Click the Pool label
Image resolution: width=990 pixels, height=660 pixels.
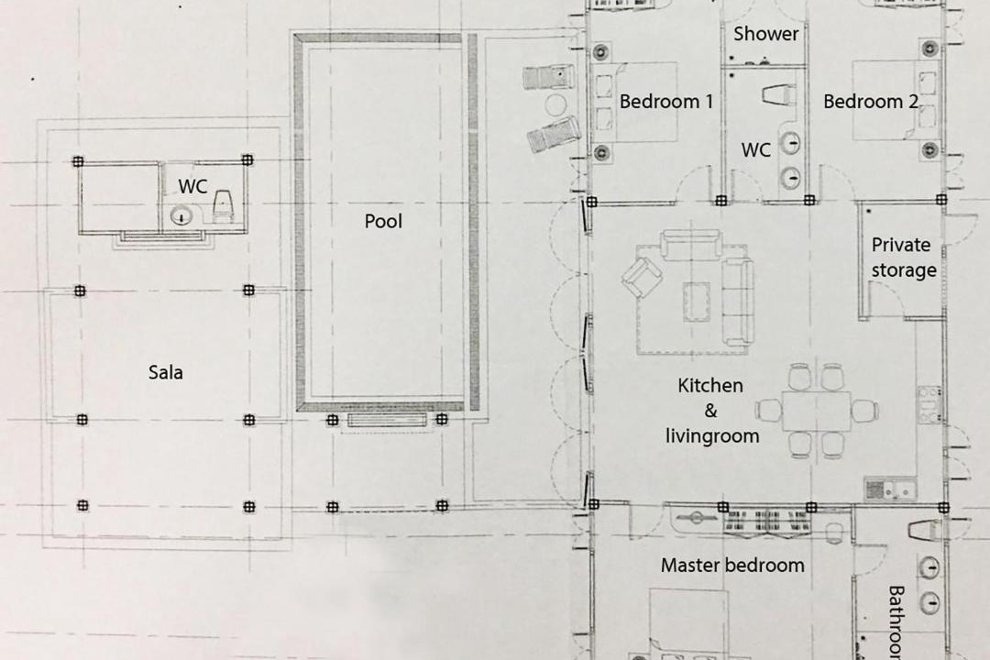point(383,221)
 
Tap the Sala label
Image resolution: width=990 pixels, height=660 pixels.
point(165,373)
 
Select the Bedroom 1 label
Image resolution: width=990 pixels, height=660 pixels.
point(666,101)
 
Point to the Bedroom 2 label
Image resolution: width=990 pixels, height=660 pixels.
point(871,101)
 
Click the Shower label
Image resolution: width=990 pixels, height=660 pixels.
point(765,34)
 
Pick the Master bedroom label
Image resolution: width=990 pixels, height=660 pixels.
point(732,566)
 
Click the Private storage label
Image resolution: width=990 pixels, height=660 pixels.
point(903,258)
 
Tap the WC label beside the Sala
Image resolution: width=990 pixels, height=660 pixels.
point(192,186)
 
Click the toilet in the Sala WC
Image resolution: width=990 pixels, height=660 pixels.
point(223,206)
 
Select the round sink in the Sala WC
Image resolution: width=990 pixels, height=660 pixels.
point(181,216)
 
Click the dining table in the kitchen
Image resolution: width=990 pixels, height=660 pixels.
point(817,412)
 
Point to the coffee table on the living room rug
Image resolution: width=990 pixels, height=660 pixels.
point(696,301)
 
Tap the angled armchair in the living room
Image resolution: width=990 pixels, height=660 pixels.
point(642,277)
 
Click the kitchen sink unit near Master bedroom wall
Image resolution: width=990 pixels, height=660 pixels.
point(890,489)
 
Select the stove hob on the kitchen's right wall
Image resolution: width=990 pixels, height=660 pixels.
point(929,404)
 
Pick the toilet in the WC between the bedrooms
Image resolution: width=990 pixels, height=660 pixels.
point(779,95)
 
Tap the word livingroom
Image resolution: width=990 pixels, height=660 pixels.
point(712,436)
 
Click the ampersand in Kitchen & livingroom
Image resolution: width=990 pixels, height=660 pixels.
point(711,411)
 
